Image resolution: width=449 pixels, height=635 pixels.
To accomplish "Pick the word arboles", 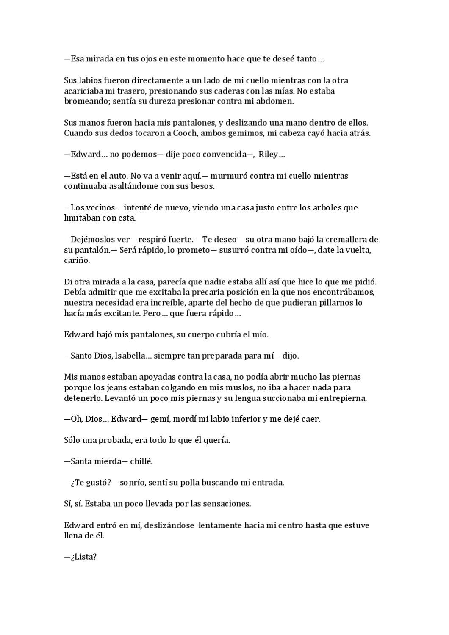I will pyautogui.click(x=322, y=208).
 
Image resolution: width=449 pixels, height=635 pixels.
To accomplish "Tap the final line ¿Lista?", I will pyautogui.click(x=80, y=557).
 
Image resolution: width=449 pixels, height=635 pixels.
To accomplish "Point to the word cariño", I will pyautogui.click(x=77, y=260).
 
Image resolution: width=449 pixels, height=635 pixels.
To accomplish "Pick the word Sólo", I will pyautogui.click(x=72, y=440).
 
